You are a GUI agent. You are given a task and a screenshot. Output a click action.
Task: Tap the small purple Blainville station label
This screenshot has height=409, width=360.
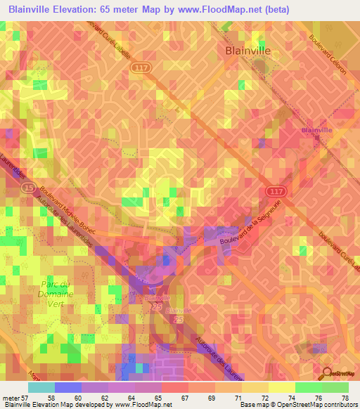316,131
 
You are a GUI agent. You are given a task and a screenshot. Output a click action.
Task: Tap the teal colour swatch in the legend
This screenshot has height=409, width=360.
41,387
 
